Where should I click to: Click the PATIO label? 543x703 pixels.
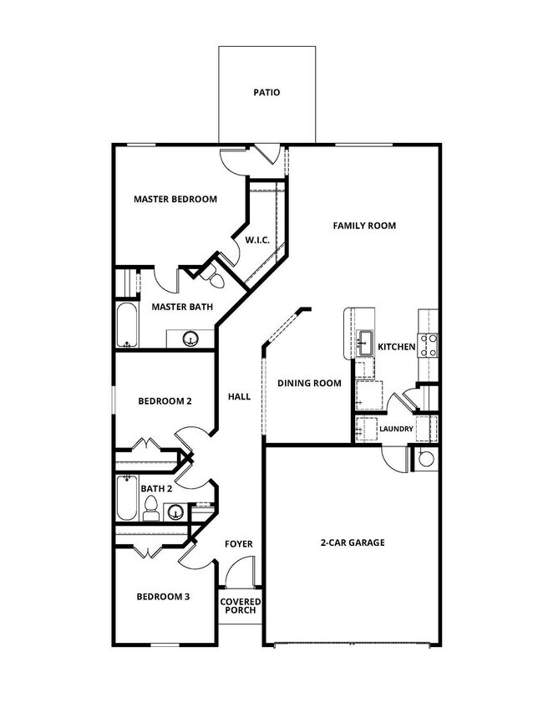267,93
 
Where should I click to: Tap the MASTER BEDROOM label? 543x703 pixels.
175,200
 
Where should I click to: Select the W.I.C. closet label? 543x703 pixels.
256,241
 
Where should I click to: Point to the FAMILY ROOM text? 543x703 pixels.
364,226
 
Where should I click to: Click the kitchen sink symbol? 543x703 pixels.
365,339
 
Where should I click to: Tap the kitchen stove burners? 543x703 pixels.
429,345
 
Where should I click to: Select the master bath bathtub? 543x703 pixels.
127,326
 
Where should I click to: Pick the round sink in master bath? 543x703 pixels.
190,339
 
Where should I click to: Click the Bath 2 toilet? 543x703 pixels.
151,508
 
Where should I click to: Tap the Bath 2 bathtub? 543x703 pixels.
127,498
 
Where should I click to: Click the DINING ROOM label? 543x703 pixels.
309,384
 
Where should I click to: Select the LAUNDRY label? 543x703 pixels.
396,430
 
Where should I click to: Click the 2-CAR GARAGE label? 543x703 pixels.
353,543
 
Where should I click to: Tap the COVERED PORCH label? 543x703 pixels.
241,606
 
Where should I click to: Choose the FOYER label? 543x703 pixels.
238,544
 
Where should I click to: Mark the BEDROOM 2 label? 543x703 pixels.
165,401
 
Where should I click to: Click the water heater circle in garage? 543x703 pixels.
426,458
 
